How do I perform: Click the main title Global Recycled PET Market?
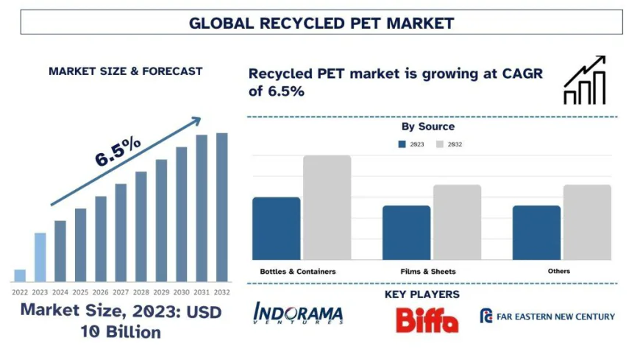click(x=321, y=23)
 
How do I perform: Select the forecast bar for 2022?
click(x=20, y=275)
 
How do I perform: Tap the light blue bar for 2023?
click(x=40, y=257)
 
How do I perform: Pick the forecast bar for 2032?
click(x=221, y=207)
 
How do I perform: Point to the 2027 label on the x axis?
click(x=121, y=292)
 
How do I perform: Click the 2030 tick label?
click(x=181, y=292)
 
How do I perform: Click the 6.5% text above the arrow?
click(x=118, y=152)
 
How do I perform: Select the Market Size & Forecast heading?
click(x=125, y=71)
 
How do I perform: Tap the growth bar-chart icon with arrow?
click(x=585, y=80)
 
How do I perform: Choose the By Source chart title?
click(x=427, y=127)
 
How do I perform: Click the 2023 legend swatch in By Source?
click(x=402, y=144)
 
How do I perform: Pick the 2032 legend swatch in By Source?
click(x=441, y=144)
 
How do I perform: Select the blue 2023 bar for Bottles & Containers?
click(x=276, y=228)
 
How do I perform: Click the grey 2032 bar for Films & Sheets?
click(x=457, y=222)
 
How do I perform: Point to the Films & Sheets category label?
click(x=428, y=272)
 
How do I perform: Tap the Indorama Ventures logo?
click(x=298, y=314)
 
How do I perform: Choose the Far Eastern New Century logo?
click(x=547, y=317)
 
